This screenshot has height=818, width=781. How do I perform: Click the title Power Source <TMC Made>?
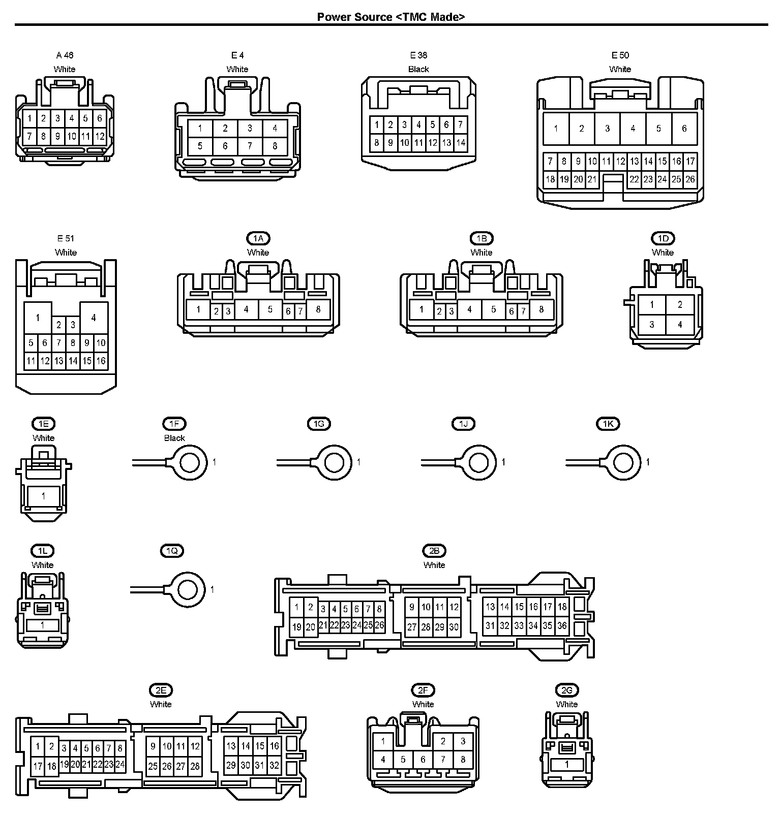(390, 17)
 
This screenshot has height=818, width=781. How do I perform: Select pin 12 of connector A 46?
(100, 136)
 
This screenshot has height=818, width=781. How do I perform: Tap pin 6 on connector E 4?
(225, 146)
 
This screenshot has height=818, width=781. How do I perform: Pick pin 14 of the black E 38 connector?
(461, 143)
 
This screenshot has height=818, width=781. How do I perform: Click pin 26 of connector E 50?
(690, 179)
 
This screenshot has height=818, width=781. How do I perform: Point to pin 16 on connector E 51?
(101, 361)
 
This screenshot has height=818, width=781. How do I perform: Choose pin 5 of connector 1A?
(270, 309)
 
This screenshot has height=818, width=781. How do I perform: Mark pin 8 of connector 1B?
(541, 309)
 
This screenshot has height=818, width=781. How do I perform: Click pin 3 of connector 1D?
(652, 325)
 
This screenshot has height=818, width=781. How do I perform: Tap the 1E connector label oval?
(43, 424)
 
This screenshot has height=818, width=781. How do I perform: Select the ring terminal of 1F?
(190, 462)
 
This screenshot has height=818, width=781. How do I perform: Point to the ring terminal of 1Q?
(188, 590)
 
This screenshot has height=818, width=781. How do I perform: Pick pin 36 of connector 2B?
(562, 626)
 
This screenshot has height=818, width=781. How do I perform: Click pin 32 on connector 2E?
(275, 765)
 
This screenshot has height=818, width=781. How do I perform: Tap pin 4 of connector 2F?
(383, 760)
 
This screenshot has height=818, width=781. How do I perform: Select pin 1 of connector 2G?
(567, 764)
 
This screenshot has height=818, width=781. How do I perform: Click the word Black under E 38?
(418, 69)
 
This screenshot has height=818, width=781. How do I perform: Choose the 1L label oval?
(43, 551)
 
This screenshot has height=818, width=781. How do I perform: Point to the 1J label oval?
(464, 424)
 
